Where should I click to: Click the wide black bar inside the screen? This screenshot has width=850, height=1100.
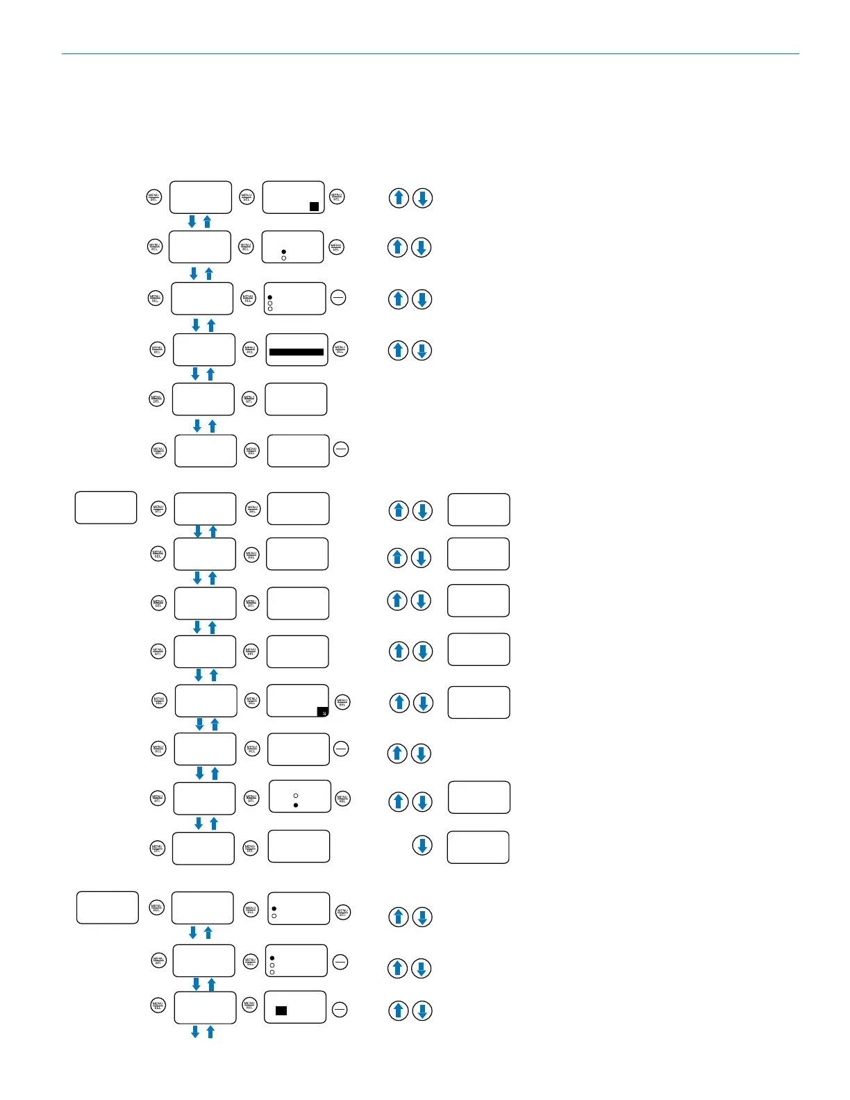[297, 352]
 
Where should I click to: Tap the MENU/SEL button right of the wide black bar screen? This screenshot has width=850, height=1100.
[340, 349]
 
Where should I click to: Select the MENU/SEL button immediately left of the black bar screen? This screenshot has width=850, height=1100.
[250, 349]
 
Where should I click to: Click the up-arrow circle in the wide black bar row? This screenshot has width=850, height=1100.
[399, 350]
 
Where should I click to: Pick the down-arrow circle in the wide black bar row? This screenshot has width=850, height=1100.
[422, 350]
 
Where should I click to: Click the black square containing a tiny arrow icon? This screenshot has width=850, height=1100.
[323, 712]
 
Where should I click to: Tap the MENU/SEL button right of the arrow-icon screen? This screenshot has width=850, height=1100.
[342, 702]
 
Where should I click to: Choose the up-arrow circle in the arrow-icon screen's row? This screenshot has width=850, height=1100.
[400, 703]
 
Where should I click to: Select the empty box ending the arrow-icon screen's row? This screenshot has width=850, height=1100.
[478, 702]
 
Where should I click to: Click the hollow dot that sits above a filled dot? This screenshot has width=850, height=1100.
[296, 795]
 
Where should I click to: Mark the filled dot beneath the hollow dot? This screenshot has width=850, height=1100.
[296, 805]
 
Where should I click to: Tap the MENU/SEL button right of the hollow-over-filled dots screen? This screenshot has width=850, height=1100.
[342, 799]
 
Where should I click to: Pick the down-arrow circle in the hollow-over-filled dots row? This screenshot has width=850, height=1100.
[422, 802]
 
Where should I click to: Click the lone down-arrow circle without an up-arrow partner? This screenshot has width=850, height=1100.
[422, 845]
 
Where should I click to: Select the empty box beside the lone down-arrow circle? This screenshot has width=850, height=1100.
[478, 847]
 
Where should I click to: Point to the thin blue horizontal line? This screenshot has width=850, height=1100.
[430, 53]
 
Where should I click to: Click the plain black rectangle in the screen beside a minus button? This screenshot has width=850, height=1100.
[281, 1010]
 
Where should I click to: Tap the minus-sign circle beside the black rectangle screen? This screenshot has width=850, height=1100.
[340, 1010]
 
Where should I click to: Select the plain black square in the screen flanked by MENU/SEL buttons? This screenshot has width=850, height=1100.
[314, 206]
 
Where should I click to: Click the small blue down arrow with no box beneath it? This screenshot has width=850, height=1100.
[195, 1033]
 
